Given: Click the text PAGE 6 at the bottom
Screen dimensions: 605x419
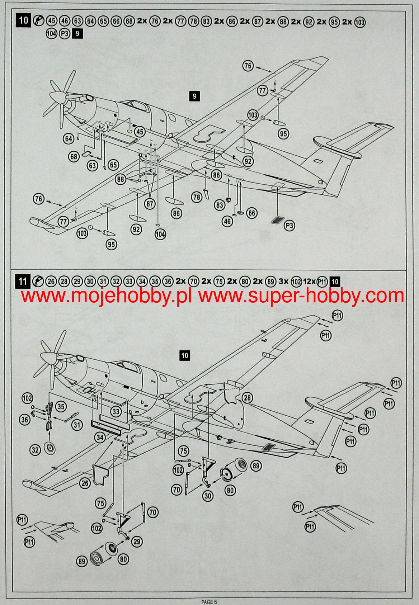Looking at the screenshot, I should click(209, 601).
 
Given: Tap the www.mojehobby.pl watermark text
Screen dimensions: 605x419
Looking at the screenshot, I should click(106, 296).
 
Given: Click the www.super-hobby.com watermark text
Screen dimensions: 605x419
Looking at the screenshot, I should click(301, 296).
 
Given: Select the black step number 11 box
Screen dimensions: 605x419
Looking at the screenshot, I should click(23, 281).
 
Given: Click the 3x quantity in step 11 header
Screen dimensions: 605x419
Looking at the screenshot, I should click(283, 282).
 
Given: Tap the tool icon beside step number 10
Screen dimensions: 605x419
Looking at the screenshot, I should click(38, 20).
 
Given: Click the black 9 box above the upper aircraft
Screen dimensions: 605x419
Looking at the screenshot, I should click(194, 96).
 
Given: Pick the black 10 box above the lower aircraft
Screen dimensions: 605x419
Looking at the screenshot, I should click(184, 355).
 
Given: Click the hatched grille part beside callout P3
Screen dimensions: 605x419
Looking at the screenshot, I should click(276, 220).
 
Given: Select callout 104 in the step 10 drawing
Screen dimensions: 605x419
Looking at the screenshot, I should click(160, 234).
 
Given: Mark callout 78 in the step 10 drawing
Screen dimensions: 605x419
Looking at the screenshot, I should click(197, 197).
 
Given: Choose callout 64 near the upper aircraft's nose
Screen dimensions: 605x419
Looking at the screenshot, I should click(69, 139).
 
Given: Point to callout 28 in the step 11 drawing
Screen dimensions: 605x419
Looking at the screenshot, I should click(247, 397).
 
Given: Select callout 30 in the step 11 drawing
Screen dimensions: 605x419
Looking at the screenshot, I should click(208, 496).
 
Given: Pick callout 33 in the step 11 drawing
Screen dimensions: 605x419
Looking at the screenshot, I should click(116, 411).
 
